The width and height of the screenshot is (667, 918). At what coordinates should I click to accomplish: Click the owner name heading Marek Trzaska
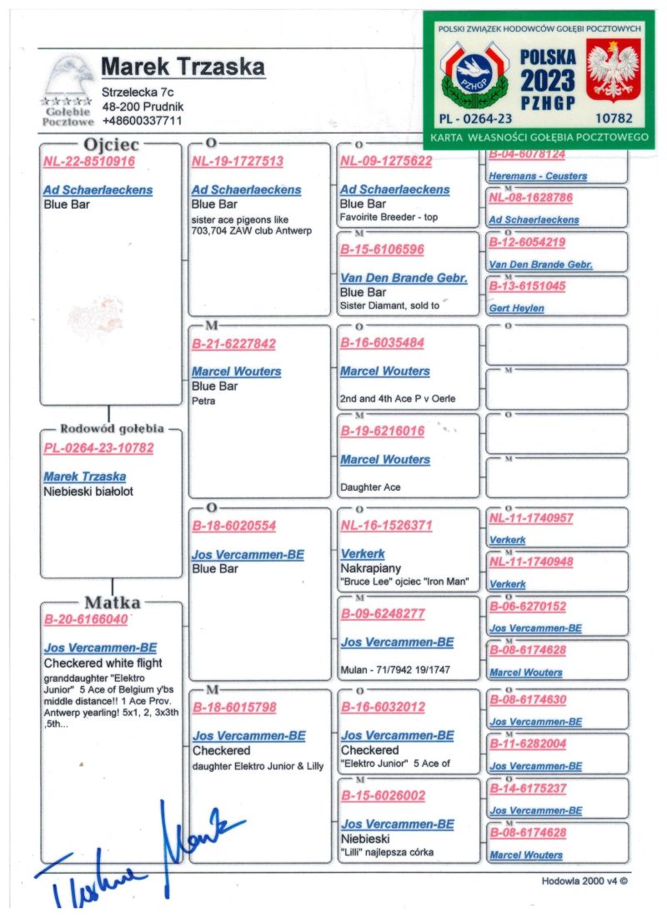[x=183, y=67]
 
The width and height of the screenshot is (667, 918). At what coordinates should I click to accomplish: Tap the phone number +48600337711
[x=142, y=121]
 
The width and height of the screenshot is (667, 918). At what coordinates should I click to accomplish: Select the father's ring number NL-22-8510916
[x=89, y=162]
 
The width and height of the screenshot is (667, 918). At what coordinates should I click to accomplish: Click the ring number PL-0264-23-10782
[x=98, y=448]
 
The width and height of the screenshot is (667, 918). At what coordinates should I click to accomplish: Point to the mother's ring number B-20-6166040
[x=86, y=620]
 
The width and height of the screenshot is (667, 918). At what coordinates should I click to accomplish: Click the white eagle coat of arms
[x=613, y=71]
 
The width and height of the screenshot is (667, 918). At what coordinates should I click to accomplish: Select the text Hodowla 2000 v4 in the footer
[x=584, y=880]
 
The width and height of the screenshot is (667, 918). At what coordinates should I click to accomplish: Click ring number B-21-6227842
[x=233, y=343]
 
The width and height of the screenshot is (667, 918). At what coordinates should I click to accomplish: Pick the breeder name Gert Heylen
[x=517, y=309]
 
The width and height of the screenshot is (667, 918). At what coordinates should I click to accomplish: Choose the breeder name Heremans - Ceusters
[x=538, y=176]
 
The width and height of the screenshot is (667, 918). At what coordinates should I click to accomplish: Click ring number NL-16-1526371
[x=386, y=526]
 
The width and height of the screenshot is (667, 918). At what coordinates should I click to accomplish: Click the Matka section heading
[x=112, y=603]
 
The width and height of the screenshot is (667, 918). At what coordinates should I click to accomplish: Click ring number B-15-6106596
[x=382, y=250]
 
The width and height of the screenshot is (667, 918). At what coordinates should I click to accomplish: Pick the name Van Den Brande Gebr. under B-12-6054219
[x=540, y=265]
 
